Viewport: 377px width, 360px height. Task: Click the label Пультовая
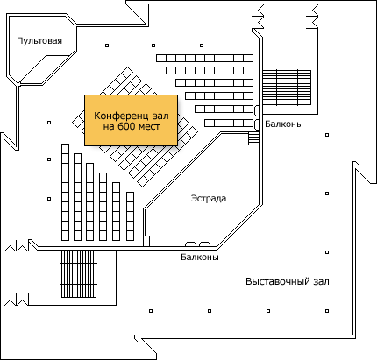pyautogui.click(x=39, y=40)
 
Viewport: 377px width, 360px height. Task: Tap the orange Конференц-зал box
pyautogui.click(x=132, y=120)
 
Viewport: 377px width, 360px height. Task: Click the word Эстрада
pyautogui.click(x=209, y=198)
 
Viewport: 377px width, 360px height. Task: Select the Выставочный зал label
pyautogui.click(x=288, y=281)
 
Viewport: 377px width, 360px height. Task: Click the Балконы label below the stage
pyautogui.click(x=200, y=258)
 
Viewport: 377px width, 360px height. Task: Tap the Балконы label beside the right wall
pyautogui.click(x=284, y=124)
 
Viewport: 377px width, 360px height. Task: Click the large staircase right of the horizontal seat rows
pyautogui.click(x=287, y=88)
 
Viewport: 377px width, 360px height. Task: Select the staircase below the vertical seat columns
pyautogui.click(x=79, y=273)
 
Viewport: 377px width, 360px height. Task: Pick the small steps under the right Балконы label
pyautogui.click(x=253, y=138)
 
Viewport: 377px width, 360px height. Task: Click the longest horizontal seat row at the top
pyautogui.click(x=204, y=58)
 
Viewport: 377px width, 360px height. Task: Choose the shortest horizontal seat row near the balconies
pyautogui.click(x=229, y=124)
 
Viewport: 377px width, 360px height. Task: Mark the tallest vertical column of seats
pyautogui.click(x=65, y=192)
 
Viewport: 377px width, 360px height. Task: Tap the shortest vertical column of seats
pyautogui.click(x=130, y=216)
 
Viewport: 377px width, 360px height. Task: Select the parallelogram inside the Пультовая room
pyautogui.click(x=46, y=69)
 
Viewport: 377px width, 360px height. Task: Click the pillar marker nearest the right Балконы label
pyautogui.click(x=327, y=135)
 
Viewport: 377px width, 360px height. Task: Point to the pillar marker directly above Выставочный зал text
pyautogui.click(x=327, y=252)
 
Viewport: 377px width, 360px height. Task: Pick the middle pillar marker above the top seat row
pyautogui.click(x=153, y=46)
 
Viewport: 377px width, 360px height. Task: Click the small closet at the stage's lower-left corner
pyautogui.click(x=146, y=241)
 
